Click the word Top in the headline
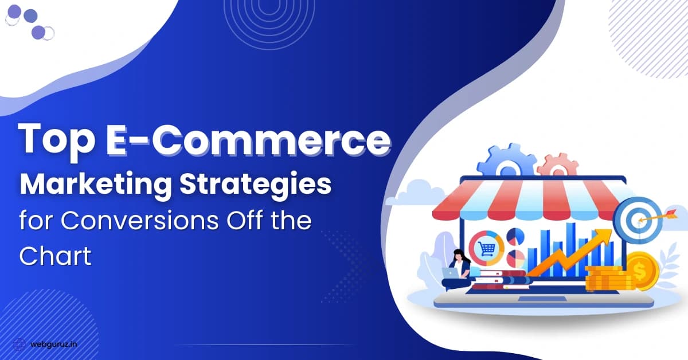(x=57, y=140)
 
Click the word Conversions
(x=140, y=221)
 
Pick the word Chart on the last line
(x=55, y=255)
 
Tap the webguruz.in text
(x=54, y=345)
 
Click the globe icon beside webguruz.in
(x=19, y=345)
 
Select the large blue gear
(x=506, y=161)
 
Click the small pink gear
(x=558, y=165)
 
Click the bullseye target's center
(x=638, y=220)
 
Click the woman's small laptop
(x=449, y=272)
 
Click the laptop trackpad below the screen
(x=542, y=299)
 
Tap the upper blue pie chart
(x=515, y=237)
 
